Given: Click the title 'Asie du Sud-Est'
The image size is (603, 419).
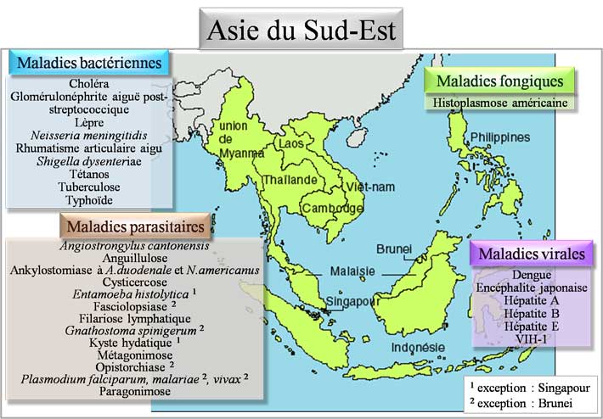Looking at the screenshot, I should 301,33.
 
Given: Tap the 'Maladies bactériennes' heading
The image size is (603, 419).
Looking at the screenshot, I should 88,64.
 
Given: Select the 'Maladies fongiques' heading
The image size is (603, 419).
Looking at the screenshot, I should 499,81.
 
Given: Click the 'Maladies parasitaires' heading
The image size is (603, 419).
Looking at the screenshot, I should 132,226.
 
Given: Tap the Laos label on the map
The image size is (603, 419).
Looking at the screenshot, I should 290,144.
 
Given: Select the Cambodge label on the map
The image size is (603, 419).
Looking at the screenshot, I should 326,208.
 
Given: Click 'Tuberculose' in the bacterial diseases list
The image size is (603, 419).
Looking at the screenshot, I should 89,186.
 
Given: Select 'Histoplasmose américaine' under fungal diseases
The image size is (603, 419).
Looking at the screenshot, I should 499,103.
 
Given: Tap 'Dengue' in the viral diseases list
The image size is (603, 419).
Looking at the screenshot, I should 533,275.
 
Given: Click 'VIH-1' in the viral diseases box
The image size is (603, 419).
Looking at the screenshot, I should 533,338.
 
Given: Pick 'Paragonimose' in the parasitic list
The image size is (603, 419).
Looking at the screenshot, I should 132,392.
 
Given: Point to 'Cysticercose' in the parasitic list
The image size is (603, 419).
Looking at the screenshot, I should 132,280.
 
